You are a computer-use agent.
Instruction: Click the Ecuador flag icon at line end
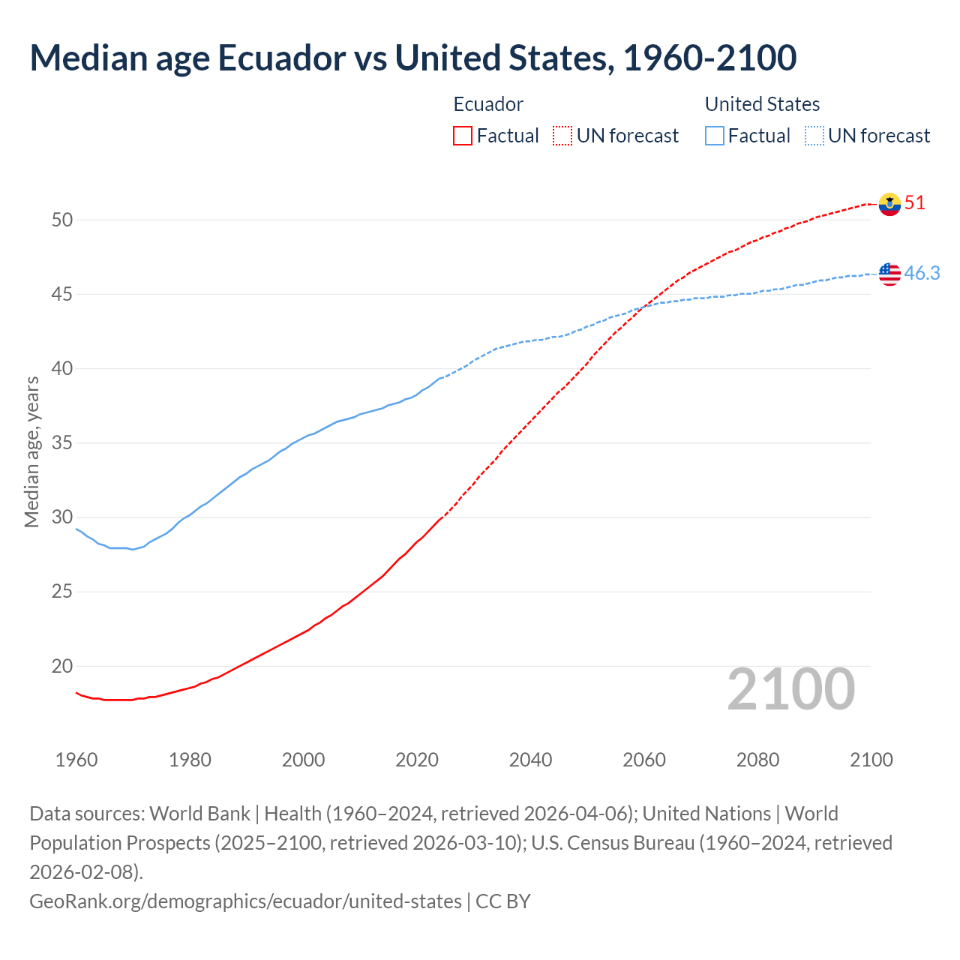point(889,204)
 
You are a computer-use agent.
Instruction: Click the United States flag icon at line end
point(889,274)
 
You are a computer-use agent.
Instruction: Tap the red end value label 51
point(915,203)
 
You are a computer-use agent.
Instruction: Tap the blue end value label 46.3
point(922,274)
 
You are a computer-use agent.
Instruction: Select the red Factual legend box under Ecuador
point(463,136)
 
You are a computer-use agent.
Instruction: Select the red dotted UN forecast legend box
point(562,136)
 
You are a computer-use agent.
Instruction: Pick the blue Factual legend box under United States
point(715,136)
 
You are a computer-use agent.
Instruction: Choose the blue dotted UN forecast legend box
point(814,136)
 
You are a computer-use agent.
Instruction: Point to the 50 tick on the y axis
point(62,220)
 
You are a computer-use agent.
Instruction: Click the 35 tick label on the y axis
point(62,443)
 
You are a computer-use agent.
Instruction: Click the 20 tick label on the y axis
point(62,666)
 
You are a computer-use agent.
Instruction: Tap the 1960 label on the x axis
point(76,760)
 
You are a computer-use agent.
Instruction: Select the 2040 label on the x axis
point(530,760)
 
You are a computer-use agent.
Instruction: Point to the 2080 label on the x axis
point(757,760)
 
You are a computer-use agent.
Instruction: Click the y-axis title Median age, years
point(31,452)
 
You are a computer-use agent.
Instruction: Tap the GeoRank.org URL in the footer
point(245,901)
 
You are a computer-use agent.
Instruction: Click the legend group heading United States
point(762,104)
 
